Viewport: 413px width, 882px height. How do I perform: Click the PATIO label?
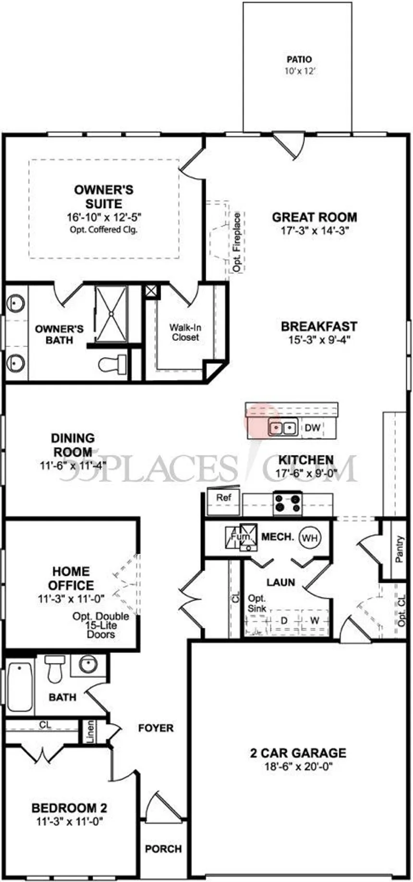click(x=299, y=60)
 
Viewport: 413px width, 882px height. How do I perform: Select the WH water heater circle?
click(x=310, y=537)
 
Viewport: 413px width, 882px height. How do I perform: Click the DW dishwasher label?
click(x=312, y=427)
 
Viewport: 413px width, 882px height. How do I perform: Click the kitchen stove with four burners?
click(x=288, y=503)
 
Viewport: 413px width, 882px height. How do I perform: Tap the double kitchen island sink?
click(x=282, y=427)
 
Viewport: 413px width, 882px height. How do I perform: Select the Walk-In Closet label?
click(x=185, y=332)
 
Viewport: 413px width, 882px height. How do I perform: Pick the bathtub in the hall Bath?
click(x=20, y=687)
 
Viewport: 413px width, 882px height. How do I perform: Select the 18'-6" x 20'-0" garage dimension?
click(x=298, y=766)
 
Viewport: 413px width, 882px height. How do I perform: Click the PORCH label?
click(x=163, y=849)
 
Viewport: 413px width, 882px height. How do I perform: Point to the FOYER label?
click(x=156, y=728)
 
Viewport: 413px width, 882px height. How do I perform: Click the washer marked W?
click(x=315, y=620)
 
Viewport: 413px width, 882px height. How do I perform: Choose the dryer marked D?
click(x=284, y=620)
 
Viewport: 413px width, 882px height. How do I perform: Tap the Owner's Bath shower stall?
click(x=111, y=313)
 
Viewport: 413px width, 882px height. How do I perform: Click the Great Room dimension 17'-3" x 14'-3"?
click(x=315, y=230)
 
